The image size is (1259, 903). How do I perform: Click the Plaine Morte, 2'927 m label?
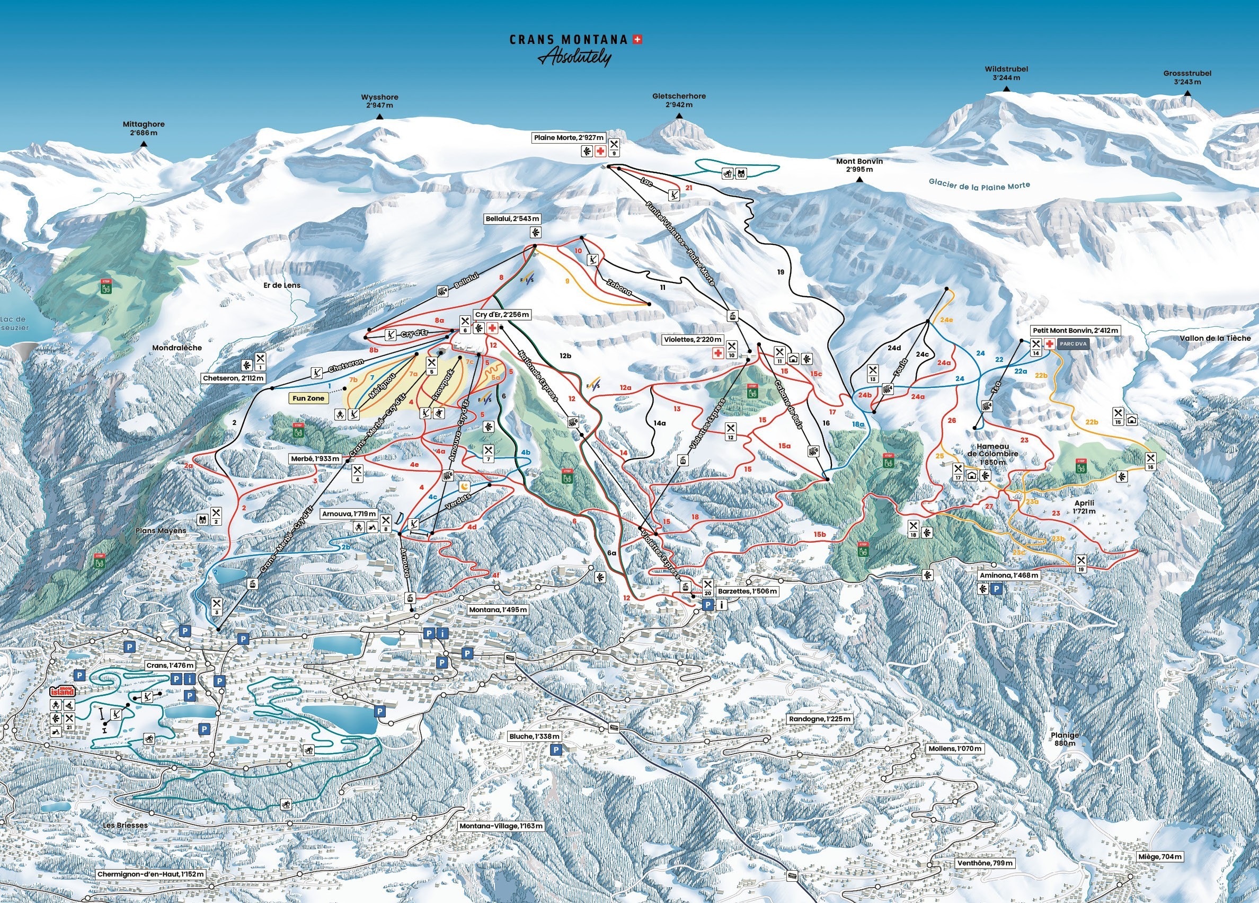[569, 138]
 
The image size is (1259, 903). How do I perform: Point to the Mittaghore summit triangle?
[144, 144]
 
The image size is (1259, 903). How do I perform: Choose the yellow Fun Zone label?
[308, 399]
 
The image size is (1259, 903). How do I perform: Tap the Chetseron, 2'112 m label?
[234, 378]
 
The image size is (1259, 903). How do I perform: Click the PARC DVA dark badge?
[1073, 344]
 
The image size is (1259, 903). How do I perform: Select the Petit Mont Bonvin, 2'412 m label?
[1075, 330]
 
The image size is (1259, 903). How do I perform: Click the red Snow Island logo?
[61, 691]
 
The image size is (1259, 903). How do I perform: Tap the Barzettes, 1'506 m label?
[747, 591]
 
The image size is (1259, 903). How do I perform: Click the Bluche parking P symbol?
[556, 750]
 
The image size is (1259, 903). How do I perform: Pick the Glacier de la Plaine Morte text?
[979, 185]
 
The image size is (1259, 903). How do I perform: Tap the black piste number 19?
[781, 272]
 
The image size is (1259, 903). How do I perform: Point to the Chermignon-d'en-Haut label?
[150, 874]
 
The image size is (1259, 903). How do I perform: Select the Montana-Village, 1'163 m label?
[501, 826]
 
